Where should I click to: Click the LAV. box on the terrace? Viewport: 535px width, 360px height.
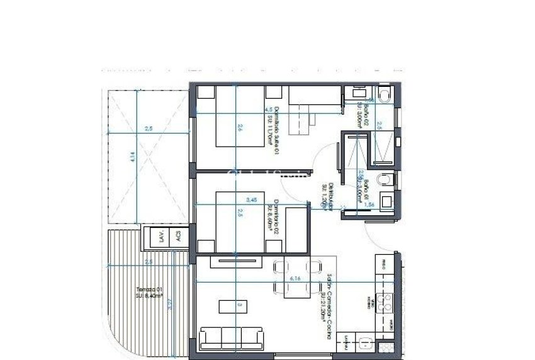(161, 237)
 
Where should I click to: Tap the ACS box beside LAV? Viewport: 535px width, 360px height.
(178, 237)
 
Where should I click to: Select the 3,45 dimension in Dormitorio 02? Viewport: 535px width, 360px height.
(252, 200)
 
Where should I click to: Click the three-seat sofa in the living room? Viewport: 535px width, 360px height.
(231, 338)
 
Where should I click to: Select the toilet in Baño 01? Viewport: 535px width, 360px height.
(385, 181)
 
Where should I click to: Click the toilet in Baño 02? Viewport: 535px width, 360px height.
(385, 95)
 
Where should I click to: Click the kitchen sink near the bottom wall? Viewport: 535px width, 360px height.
(365, 344)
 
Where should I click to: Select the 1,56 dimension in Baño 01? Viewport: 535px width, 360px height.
(370, 205)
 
